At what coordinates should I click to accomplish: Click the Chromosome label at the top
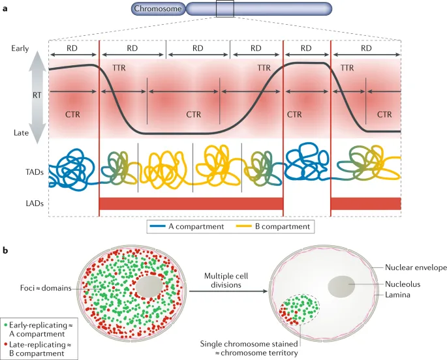pos(157,9)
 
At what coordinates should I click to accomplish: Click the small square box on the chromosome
pos(225,9)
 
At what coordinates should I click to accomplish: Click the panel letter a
pos(5,8)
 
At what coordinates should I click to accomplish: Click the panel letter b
pos(6,250)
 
